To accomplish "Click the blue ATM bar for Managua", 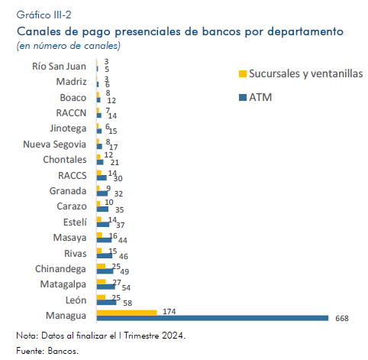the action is click(x=212, y=318).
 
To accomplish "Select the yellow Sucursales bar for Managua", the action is click(x=127, y=313).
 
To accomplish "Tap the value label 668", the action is click(x=342, y=319).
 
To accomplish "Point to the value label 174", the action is click(x=169, y=312).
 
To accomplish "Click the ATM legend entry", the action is click(x=256, y=97).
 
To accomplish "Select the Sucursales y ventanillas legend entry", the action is click(x=301, y=73).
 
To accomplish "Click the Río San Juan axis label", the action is click(x=59, y=66).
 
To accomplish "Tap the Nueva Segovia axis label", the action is click(x=55, y=144).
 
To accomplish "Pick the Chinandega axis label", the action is click(x=60, y=269).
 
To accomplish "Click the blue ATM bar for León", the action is click(x=107, y=303).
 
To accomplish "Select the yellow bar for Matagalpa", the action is click(x=102, y=281).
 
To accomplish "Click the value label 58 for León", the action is click(x=128, y=303).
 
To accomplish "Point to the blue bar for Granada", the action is click(x=102, y=193).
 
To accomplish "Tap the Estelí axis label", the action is click(x=75, y=222).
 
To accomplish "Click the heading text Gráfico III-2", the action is click(x=44, y=15).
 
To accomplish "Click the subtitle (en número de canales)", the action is click(x=69, y=46).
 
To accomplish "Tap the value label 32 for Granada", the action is click(x=118, y=194).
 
